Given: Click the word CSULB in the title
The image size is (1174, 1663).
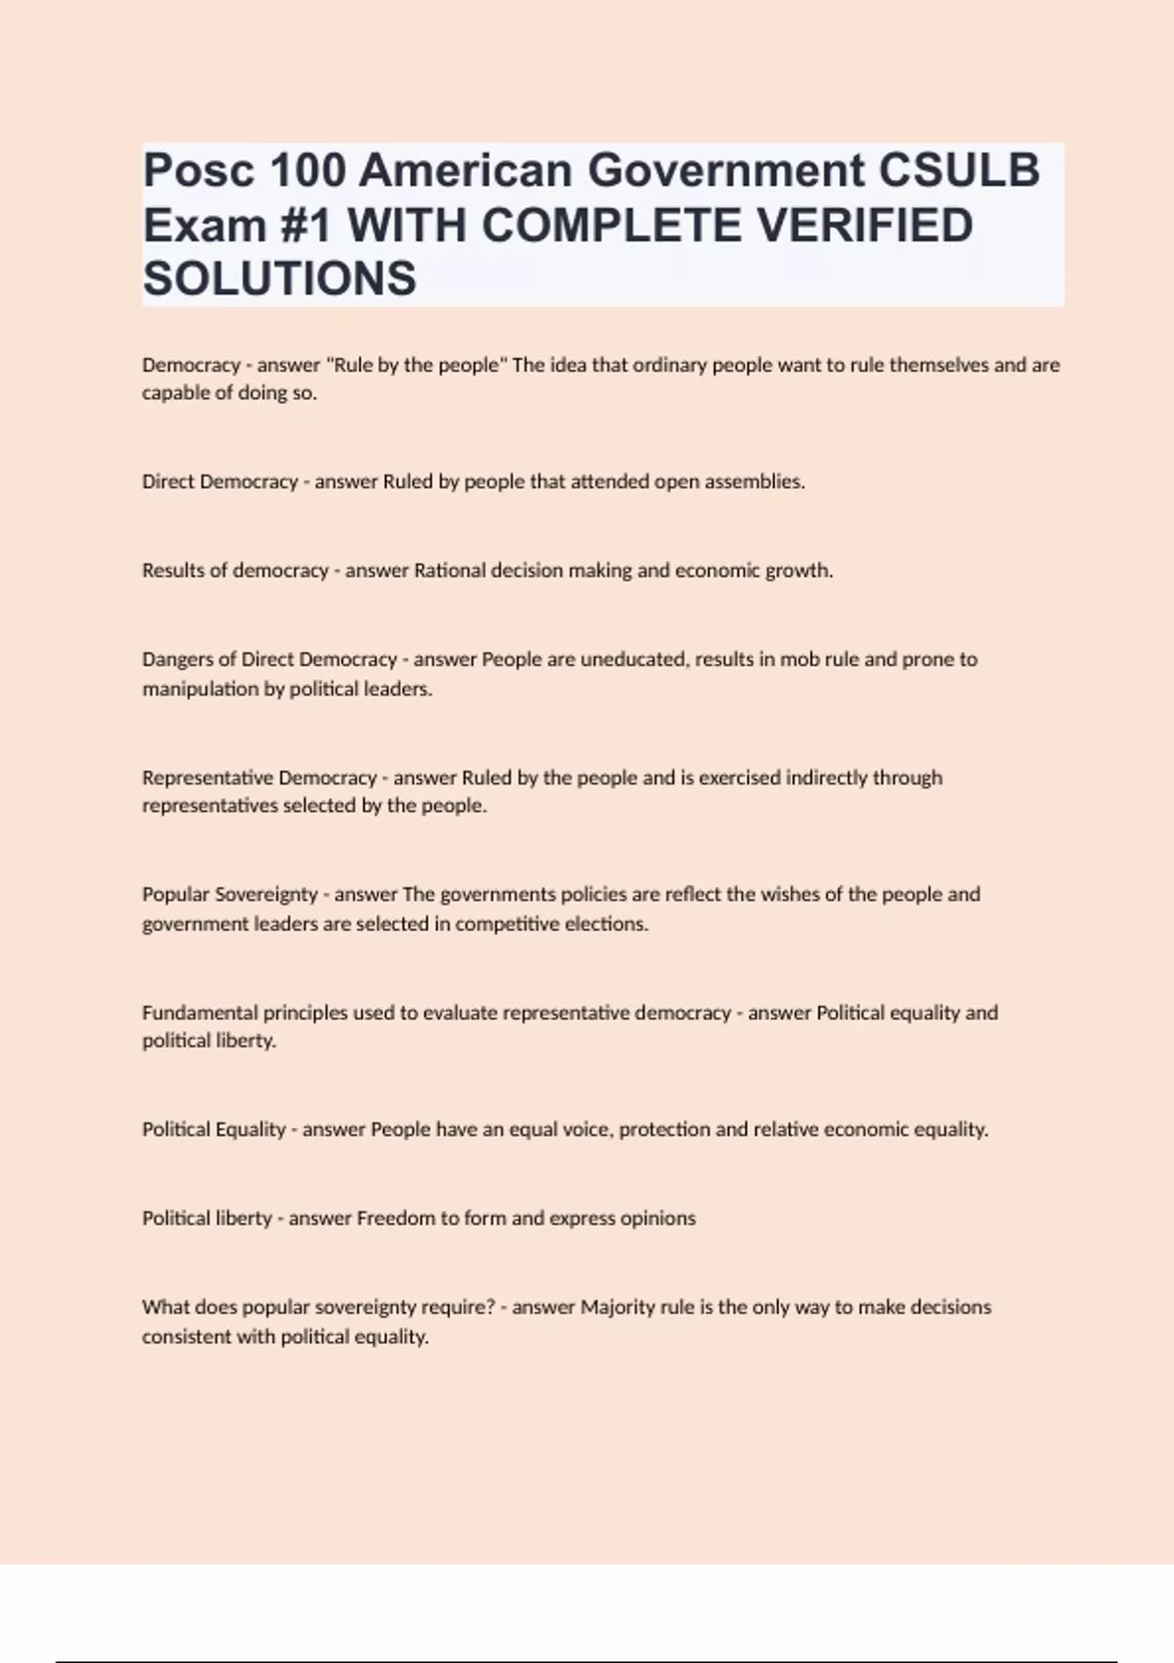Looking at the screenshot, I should tap(959, 170).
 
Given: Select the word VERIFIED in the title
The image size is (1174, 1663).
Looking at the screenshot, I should tap(865, 225).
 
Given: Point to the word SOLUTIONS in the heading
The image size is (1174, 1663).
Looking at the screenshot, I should tap(280, 279).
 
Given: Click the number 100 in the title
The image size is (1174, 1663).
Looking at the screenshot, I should tap(307, 170).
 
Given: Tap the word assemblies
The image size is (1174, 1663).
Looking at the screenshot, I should tap(754, 481).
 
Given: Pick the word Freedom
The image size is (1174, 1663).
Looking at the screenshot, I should tap(395, 1218).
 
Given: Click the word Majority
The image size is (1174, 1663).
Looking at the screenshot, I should tap(618, 1307).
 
